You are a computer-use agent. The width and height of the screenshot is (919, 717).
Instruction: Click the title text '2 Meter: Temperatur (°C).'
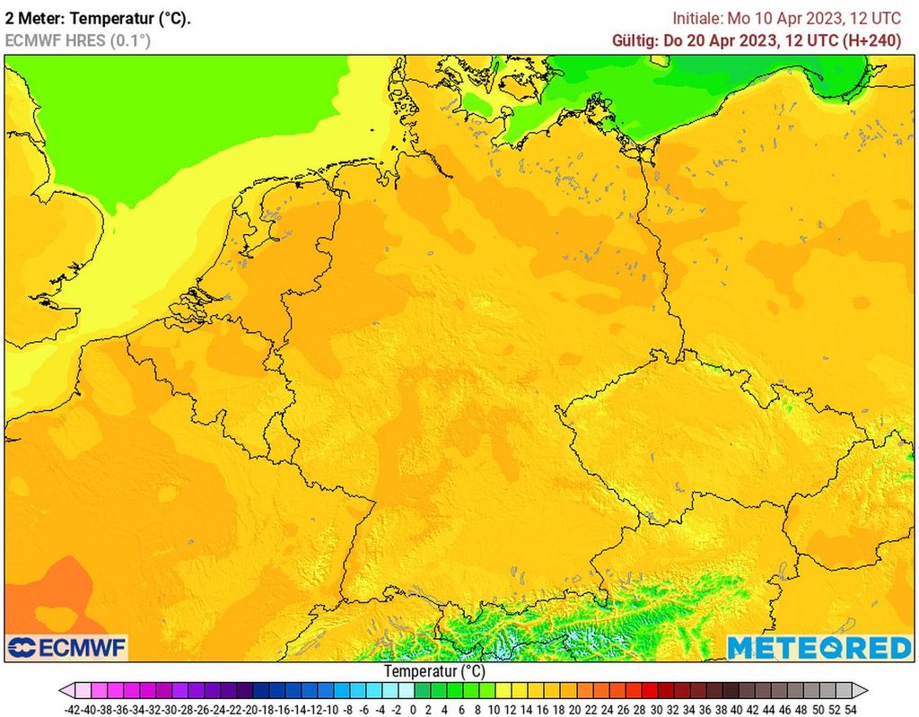point(98,18)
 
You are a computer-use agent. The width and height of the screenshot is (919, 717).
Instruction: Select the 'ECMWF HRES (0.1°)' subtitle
point(78,40)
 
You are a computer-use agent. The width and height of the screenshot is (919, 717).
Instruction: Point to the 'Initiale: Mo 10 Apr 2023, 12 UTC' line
point(787,18)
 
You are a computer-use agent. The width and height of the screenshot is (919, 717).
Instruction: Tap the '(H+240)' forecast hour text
point(871,40)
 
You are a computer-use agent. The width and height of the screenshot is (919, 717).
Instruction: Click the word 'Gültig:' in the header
point(635,40)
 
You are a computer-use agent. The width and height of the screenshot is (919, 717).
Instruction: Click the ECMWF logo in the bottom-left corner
point(67,647)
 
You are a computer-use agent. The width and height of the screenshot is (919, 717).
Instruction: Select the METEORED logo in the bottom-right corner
point(818,647)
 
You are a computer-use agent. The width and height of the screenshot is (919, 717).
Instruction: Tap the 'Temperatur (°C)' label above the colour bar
point(434,671)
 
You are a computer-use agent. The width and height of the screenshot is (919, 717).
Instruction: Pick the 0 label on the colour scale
point(413,708)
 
